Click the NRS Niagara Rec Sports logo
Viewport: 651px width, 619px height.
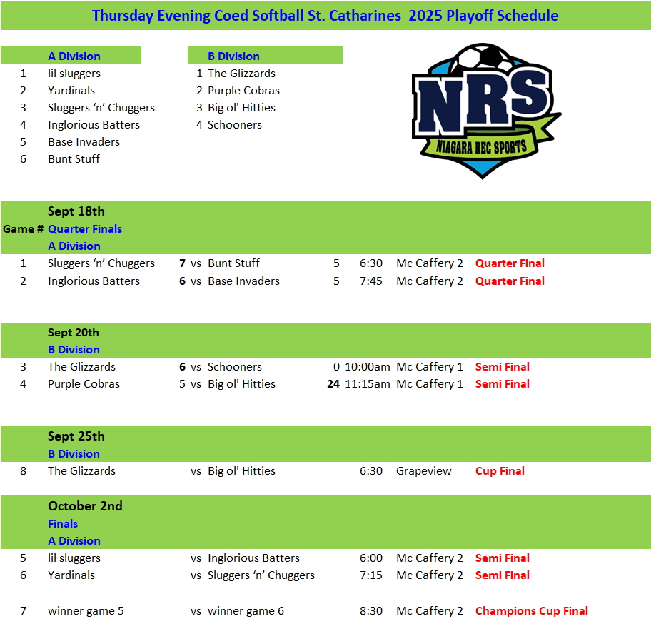coord(485,111)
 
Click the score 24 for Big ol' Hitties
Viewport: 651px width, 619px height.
coord(333,384)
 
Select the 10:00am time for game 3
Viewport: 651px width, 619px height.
coord(368,367)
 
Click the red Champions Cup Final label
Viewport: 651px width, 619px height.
coord(532,611)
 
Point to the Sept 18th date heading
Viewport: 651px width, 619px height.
coord(76,211)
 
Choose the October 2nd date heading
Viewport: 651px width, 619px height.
coord(85,506)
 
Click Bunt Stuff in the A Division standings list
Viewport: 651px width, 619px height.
coord(74,159)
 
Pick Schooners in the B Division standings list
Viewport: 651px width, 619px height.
coord(234,125)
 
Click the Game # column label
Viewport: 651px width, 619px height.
coord(24,229)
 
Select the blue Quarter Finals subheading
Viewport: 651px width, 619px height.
coord(85,229)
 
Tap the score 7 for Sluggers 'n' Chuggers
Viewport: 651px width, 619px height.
coord(183,263)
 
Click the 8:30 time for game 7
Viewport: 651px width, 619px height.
coord(371,611)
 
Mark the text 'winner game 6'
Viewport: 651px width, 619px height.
coord(246,611)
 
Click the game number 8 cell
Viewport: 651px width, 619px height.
coord(23,471)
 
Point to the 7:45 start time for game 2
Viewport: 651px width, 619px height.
coord(371,281)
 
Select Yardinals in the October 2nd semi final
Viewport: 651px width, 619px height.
coord(71,575)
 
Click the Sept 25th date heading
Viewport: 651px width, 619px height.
coord(76,436)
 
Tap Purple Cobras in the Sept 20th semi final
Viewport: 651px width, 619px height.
coord(84,384)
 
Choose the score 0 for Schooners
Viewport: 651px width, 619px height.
coord(336,367)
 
